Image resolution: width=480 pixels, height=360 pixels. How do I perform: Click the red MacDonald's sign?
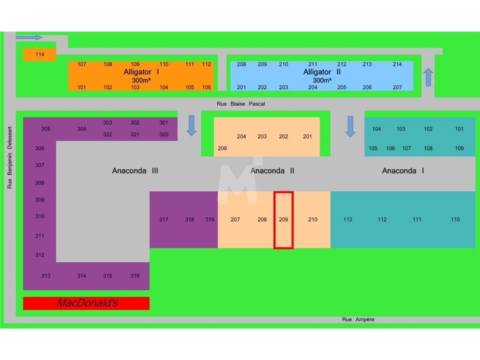click(86, 303)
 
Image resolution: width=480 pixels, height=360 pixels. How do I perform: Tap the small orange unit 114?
click(40, 54)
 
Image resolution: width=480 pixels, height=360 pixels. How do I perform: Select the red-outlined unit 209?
click(283, 220)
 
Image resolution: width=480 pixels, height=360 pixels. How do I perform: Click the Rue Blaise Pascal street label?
click(241, 104)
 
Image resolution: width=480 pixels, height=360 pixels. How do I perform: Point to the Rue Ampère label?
click(358, 319)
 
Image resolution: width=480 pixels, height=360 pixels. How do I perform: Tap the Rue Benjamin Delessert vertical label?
click(10, 157)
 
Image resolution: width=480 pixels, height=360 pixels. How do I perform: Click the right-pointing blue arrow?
click(29, 37)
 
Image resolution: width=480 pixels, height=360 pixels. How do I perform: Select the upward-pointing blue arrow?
click(428, 77)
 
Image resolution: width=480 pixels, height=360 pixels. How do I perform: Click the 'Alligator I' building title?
click(141, 72)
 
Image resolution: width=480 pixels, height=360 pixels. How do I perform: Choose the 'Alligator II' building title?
click(322, 72)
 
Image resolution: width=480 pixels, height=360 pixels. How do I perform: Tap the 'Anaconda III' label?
click(135, 171)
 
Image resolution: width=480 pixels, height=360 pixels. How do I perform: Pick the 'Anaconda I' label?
click(403, 171)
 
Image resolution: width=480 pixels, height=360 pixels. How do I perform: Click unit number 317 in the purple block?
click(163, 219)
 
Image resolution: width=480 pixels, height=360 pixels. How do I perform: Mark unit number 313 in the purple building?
click(46, 276)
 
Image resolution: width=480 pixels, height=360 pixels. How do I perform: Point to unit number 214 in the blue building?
click(397, 64)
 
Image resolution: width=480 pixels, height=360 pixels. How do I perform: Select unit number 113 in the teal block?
click(348, 219)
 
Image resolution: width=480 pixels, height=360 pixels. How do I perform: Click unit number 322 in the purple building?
click(108, 134)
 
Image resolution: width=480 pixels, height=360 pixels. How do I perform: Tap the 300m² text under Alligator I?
click(141, 80)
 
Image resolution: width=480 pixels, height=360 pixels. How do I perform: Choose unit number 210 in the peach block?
click(313, 219)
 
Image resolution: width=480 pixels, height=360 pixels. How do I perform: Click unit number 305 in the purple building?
click(46, 129)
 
